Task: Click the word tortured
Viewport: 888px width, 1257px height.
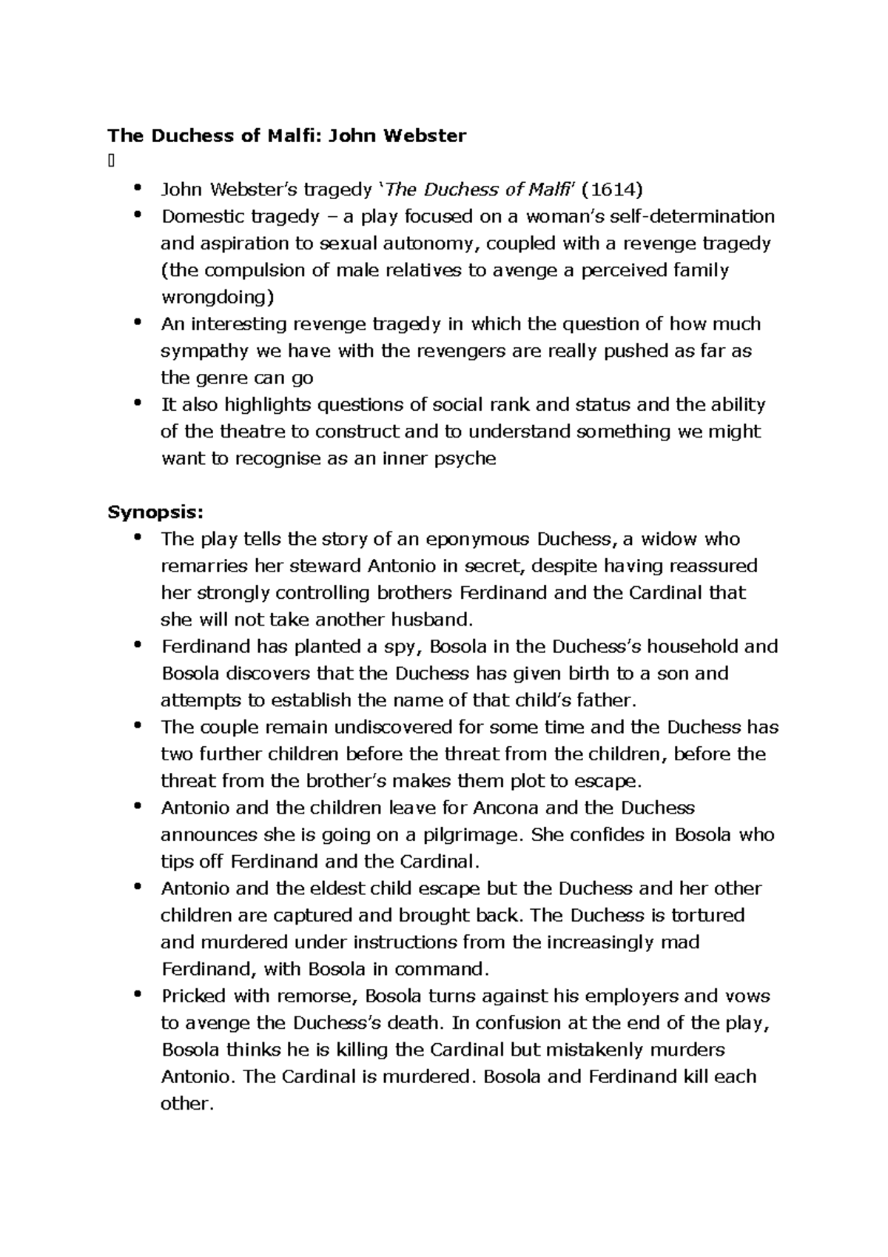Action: coord(707,916)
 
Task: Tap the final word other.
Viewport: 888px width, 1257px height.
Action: coord(187,1104)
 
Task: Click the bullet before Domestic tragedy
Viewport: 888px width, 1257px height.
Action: coord(137,215)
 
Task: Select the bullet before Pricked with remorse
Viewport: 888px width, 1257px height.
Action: coord(137,994)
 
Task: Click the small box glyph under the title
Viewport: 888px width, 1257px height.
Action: coord(110,163)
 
